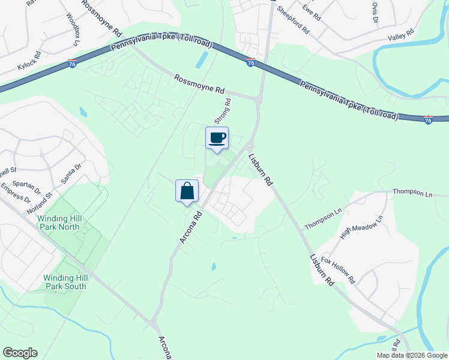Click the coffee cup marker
pyautogui.click(x=217, y=138)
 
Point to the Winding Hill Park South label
pyautogui.click(x=64, y=282)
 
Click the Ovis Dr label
pyautogui.click(x=375, y=13)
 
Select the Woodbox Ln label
pyautogui.click(x=72, y=29)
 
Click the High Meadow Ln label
pyautogui.click(x=361, y=228)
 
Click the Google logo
pyautogui.click(x=20, y=353)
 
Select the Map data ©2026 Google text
pyautogui.click(x=411, y=355)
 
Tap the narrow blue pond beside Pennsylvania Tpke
pyautogui.click(x=202, y=59)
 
